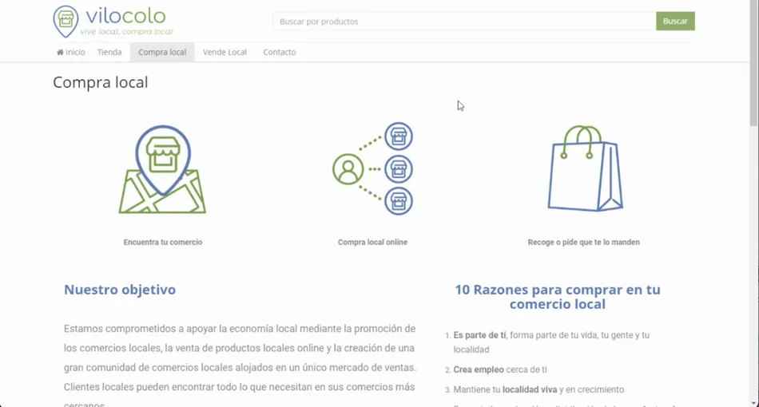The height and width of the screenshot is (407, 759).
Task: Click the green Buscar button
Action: pyautogui.click(x=675, y=21)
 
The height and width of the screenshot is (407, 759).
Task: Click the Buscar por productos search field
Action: pyautogui.click(x=463, y=22)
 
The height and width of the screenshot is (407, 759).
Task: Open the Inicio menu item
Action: pyautogui.click(x=71, y=52)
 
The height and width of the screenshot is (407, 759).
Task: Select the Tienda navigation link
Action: pyautogui.click(x=109, y=52)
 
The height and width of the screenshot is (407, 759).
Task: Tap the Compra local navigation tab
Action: pyautogui.click(x=162, y=52)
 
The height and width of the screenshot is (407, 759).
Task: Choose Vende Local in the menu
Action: pyautogui.click(x=225, y=52)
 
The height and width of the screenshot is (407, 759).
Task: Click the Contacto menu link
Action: pyautogui.click(x=280, y=52)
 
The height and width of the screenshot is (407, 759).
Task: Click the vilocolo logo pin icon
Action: pyautogui.click(x=66, y=21)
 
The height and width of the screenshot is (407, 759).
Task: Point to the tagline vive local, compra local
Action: pyautogui.click(x=126, y=32)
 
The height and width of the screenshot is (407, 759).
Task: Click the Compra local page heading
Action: pyautogui.click(x=100, y=82)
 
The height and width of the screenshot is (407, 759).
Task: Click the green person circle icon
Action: pyautogui.click(x=348, y=169)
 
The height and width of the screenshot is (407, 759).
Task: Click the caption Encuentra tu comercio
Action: pyautogui.click(x=163, y=242)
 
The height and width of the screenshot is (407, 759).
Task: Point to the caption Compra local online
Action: pyautogui.click(x=372, y=242)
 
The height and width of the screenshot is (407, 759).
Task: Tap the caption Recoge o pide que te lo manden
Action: pyautogui.click(x=583, y=242)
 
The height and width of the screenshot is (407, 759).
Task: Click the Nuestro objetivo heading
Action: pyautogui.click(x=120, y=290)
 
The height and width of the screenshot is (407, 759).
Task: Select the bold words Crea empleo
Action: pyautogui.click(x=478, y=369)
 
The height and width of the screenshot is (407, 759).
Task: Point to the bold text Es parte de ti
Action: pyautogui.click(x=479, y=335)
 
